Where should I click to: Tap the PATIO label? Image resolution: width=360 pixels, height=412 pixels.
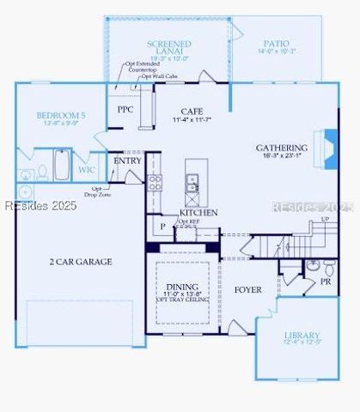tap(276, 43)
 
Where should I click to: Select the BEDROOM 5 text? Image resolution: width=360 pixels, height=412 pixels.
tap(59, 115)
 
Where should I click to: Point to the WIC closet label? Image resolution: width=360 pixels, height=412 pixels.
tap(87, 170)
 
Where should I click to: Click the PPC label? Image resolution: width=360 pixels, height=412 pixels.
tap(125, 111)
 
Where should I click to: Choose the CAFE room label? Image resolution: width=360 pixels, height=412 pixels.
tap(191, 112)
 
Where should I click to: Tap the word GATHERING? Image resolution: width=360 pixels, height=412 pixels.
tap(281, 148)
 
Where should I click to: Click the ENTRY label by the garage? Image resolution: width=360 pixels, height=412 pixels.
tap(128, 161)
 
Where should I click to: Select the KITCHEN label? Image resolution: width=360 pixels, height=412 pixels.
tap(198, 212)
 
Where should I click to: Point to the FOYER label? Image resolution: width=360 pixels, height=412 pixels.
tap(247, 290)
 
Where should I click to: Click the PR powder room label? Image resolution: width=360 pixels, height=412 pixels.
tap(326, 281)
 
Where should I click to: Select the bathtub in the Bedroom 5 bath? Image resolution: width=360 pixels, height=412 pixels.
tap(63, 164)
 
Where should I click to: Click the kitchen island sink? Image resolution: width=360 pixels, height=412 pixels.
tap(192, 182)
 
